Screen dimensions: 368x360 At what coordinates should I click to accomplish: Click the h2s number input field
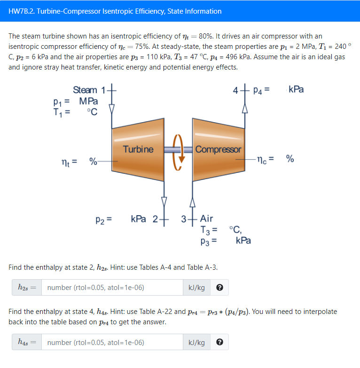pos(112,288)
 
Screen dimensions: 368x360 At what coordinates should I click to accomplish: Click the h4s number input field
pos(112,343)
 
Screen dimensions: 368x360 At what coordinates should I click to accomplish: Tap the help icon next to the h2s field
pos(219,288)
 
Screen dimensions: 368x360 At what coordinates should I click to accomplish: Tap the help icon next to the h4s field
pos(219,343)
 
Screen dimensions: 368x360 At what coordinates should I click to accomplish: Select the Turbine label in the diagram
pos(138,149)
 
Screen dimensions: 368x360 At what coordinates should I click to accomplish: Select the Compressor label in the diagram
pos(218,149)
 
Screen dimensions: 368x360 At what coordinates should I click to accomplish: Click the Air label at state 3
pos(206,219)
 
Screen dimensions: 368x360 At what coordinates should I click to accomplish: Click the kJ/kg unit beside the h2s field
pos(196,288)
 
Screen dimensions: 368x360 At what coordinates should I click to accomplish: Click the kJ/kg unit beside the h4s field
pos(196,343)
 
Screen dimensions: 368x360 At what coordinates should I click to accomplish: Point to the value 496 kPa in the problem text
pos(242,56)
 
